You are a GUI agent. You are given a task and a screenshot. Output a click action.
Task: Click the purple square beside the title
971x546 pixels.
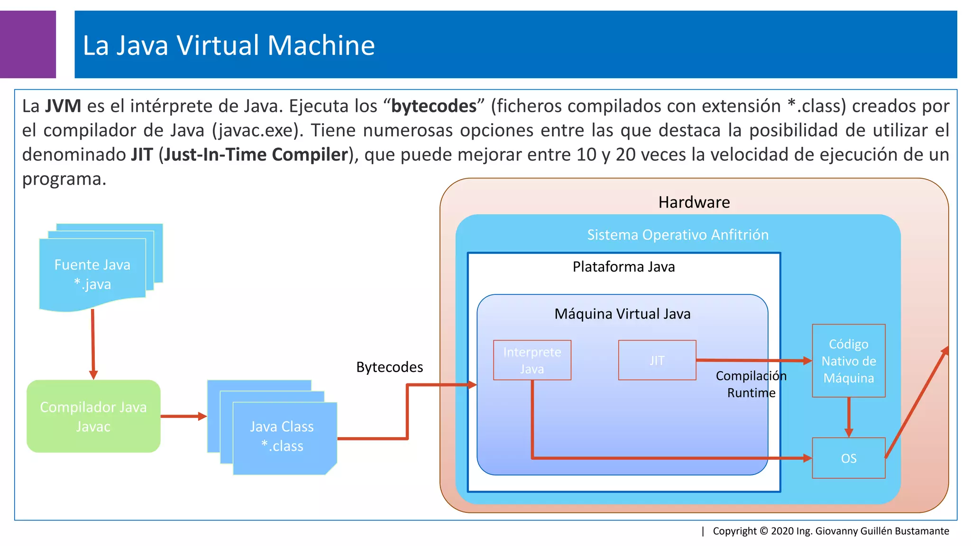(x=27, y=44)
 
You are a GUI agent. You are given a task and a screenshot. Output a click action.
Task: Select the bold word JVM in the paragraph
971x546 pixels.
(x=63, y=106)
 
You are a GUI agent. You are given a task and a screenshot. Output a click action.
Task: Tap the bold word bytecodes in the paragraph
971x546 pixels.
(x=434, y=106)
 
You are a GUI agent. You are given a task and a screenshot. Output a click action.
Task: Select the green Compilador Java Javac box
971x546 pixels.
(x=93, y=416)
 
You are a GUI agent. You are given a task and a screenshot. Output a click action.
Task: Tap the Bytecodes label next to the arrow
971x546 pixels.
(x=389, y=367)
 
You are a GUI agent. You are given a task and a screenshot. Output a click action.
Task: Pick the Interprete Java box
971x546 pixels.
(x=532, y=360)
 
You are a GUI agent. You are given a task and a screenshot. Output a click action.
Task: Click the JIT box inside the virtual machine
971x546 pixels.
(x=657, y=360)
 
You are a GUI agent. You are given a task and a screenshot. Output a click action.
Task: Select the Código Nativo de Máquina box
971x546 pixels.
(x=848, y=361)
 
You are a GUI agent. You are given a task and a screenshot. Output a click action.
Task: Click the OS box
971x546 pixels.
(x=848, y=458)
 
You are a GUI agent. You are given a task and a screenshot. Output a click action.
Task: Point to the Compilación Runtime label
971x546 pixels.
(x=751, y=384)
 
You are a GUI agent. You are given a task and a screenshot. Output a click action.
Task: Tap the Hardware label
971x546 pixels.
(x=694, y=202)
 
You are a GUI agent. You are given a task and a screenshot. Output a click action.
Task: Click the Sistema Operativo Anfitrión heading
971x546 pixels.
(x=678, y=235)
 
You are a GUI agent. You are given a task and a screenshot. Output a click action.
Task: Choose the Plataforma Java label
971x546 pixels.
(x=623, y=267)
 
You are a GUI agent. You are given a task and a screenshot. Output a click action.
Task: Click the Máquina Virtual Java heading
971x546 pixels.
(x=622, y=314)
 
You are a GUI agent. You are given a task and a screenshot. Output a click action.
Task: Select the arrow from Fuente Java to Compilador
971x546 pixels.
(x=93, y=344)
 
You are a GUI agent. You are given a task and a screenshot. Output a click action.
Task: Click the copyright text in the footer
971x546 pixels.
(x=831, y=531)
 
